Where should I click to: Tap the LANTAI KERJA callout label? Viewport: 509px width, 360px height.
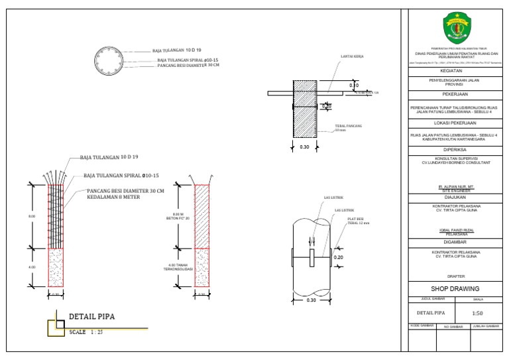tap(352, 57)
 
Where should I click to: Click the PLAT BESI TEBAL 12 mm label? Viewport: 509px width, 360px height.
tap(357, 221)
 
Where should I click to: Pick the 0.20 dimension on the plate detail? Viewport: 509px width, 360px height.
tap(338, 257)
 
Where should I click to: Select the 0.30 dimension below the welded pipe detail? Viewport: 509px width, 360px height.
tap(311, 300)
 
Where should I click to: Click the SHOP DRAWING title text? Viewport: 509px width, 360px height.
tap(455, 289)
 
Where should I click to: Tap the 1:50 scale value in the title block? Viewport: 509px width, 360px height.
tap(477, 312)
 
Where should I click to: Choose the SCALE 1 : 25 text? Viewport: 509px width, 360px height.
tap(86, 331)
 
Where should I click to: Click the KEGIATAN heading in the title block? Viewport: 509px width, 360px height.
tap(455, 70)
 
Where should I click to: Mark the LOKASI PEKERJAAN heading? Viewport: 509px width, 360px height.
tap(455, 123)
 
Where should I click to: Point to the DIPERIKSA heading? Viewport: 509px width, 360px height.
tap(455, 150)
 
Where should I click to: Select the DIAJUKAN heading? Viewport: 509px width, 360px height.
tap(455, 197)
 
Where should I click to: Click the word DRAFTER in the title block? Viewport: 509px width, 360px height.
tap(455, 275)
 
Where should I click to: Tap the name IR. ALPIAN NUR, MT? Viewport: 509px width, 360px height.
tap(455, 188)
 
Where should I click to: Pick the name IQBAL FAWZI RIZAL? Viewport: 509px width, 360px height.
tap(455, 230)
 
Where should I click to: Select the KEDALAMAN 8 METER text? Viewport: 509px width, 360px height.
tap(113, 197)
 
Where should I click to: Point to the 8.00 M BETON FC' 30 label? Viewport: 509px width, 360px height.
tap(180, 216)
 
